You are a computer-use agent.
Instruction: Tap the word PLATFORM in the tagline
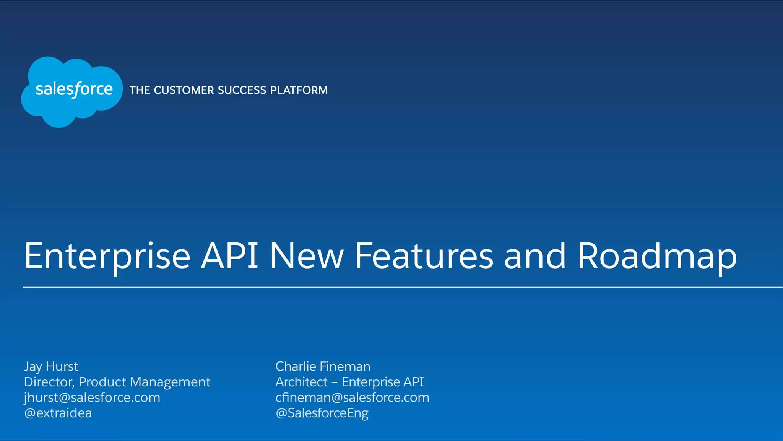click(299, 90)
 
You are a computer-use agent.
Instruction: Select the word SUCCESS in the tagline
click(242, 90)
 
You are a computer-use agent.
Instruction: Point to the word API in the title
click(229, 255)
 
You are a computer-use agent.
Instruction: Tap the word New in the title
click(307, 255)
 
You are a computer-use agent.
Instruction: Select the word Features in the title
click(424, 255)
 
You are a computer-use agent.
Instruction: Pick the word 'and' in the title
click(534, 255)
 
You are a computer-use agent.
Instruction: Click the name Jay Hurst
click(51, 366)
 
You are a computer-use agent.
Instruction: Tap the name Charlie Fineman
click(323, 366)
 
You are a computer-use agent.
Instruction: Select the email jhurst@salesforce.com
click(92, 398)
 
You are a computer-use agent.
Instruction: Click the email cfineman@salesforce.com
click(352, 398)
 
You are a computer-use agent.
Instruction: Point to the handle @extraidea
click(58, 413)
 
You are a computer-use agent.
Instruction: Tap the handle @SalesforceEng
click(322, 413)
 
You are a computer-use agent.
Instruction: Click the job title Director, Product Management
click(117, 382)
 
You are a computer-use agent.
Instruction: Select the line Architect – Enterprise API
click(349, 382)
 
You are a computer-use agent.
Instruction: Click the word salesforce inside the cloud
click(74, 90)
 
